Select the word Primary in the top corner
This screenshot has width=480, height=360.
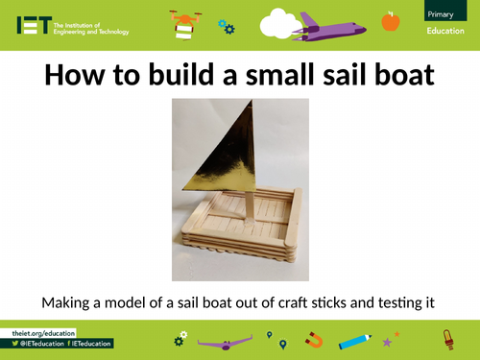pos(443,13)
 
